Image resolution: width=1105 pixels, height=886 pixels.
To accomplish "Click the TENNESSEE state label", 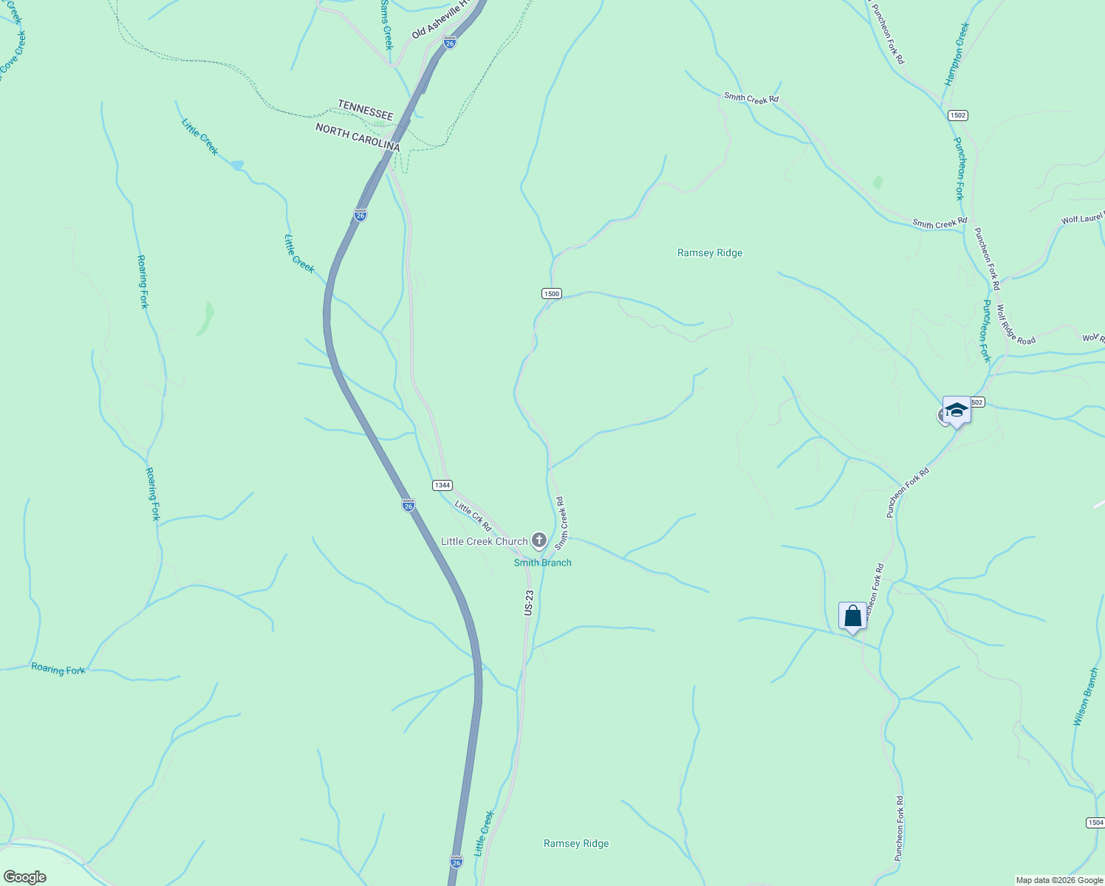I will pyautogui.click(x=365, y=110).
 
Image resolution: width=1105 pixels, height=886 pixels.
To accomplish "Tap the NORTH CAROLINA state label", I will pyautogui.click(x=357, y=137).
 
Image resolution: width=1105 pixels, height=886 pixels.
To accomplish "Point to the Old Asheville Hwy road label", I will pyautogui.click(x=442, y=20).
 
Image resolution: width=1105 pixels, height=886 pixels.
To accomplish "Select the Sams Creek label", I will pyautogui.click(x=386, y=24).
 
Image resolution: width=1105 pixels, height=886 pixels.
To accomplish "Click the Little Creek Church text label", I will pyautogui.click(x=484, y=541).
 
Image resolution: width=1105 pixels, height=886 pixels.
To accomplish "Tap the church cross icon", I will pyautogui.click(x=539, y=540).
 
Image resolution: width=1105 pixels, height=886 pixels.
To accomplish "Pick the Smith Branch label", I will pyautogui.click(x=542, y=563).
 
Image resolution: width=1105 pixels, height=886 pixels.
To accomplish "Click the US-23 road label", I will pyautogui.click(x=528, y=602).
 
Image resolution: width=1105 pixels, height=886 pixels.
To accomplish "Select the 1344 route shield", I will pyautogui.click(x=442, y=485).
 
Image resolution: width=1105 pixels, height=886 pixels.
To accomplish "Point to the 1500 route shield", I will pyautogui.click(x=551, y=293).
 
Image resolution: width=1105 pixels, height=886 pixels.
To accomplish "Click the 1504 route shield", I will pyautogui.click(x=1095, y=823).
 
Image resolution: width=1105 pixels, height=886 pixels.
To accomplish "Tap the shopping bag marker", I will pyautogui.click(x=852, y=616).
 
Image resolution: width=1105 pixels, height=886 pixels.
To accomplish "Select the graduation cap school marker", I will pyautogui.click(x=956, y=411).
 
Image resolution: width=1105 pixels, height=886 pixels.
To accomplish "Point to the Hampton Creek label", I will pyautogui.click(x=957, y=54).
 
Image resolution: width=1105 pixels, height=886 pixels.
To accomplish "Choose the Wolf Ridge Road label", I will pyautogui.click(x=1016, y=325).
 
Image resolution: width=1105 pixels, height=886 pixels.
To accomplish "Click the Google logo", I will pyautogui.click(x=24, y=877).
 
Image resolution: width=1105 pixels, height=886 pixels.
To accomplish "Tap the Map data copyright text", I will pyautogui.click(x=1059, y=880).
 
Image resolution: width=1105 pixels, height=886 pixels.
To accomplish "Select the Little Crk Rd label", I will pyautogui.click(x=473, y=516).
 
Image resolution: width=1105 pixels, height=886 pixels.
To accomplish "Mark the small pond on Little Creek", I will pyautogui.click(x=237, y=165).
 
